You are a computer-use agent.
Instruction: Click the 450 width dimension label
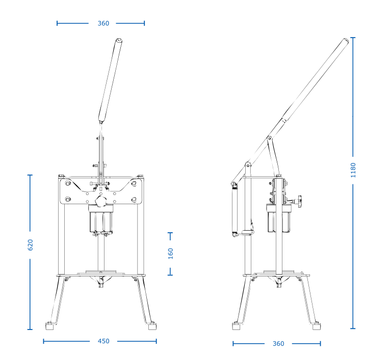click(x=103, y=341)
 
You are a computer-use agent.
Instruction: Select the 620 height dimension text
click(x=30, y=245)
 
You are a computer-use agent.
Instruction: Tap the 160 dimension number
click(x=171, y=254)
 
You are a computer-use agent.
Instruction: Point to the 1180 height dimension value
click(x=353, y=170)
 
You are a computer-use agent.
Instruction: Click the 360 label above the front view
click(x=103, y=23)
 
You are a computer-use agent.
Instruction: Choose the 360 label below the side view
click(x=278, y=344)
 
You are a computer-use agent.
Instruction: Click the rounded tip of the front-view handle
click(x=119, y=40)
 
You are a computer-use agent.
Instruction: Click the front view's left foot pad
click(x=49, y=326)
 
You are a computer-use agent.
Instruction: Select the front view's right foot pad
click(x=152, y=326)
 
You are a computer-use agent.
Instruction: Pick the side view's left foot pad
click(x=236, y=326)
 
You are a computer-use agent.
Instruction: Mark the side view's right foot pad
click(x=317, y=326)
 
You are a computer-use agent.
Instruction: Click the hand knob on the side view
click(x=299, y=200)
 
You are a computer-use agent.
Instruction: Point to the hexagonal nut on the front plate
click(x=101, y=201)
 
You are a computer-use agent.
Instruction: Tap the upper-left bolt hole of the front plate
click(x=68, y=184)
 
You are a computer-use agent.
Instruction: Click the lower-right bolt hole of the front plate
click(x=134, y=200)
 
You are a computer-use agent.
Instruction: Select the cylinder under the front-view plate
click(x=101, y=219)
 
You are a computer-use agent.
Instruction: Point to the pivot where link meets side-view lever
click(x=269, y=138)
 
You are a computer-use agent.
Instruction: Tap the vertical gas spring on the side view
click(x=234, y=209)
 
